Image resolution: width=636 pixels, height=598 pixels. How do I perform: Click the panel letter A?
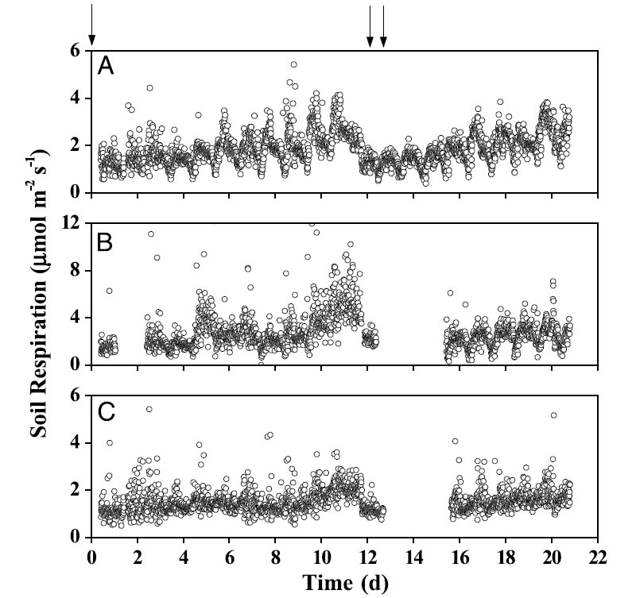(x=106, y=68)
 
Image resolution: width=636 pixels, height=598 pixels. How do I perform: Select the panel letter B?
(x=106, y=240)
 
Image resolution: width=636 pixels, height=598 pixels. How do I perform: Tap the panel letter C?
(x=106, y=412)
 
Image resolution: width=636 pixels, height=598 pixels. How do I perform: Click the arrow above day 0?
(x=92, y=24)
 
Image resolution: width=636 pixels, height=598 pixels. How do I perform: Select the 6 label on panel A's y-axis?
(x=76, y=51)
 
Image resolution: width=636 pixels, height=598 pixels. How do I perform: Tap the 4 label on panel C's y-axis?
(x=76, y=442)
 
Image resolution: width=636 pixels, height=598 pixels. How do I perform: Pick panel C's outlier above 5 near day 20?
(x=553, y=415)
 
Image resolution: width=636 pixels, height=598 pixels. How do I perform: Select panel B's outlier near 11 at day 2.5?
(x=150, y=234)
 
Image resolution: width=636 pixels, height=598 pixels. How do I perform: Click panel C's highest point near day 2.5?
(x=149, y=409)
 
